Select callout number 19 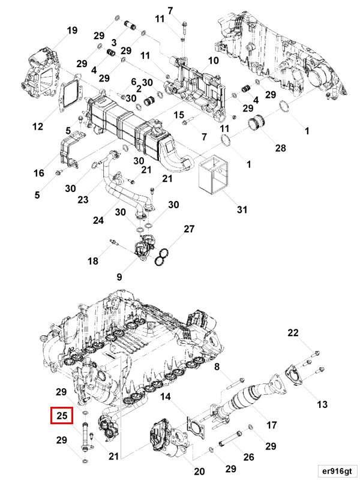(72, 31)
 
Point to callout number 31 (242, 209)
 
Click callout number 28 (264, 148)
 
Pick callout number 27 (189, 229)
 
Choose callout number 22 (292, 333)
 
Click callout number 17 (271, 425)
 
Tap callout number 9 (119, 277)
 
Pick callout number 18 (92, 261)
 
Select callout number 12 (38, 127)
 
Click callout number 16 (39, 173)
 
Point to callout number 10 (213, 61)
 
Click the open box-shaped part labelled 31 (215, 176)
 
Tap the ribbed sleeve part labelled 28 (260, 124)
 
